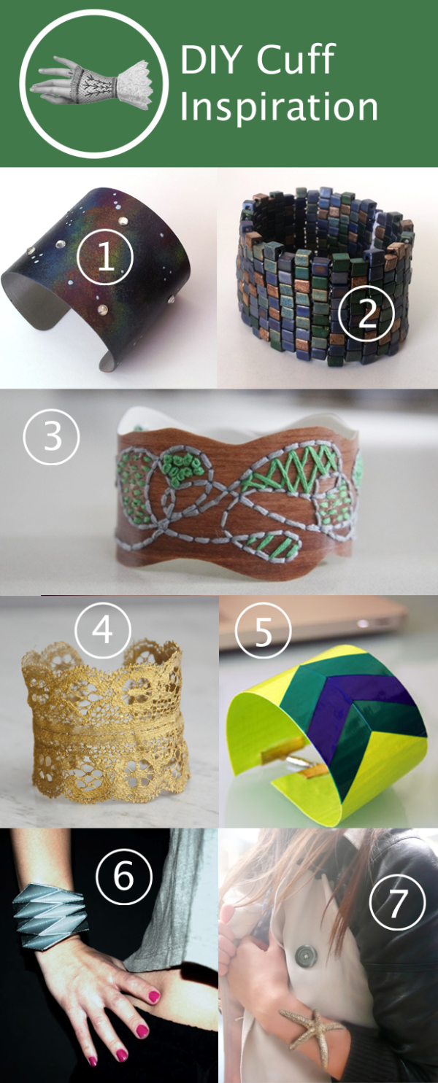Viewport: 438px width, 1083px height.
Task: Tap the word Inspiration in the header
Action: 279,107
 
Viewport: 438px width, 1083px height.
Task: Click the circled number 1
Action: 106,257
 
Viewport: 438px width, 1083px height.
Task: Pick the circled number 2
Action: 366,314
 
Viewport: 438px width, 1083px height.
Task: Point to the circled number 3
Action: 51,437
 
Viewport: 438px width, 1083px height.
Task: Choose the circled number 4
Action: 103,629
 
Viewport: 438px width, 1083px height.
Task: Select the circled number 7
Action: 397,903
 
